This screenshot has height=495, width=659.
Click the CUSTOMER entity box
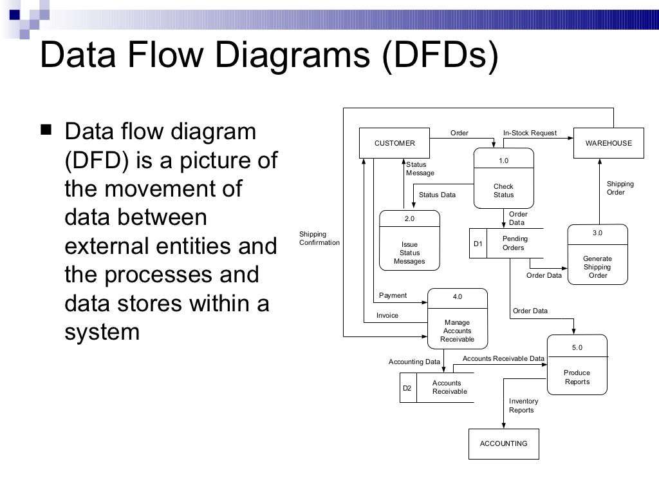click(394, 143)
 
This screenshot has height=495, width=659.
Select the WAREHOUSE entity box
click(608, 143)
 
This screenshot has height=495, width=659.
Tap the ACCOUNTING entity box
click(503, 443)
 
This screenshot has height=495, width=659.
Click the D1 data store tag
click(478, 244)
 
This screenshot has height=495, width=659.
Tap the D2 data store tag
click(407, 388)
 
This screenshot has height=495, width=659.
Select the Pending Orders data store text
click(514, 243)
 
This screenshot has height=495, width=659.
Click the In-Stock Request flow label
click(530, 133)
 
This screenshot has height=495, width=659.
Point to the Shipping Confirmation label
click(319, 238)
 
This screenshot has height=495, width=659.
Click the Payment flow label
click(393, 296)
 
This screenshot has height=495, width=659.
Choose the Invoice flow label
click(387, 315)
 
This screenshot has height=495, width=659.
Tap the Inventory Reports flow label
click(523, 405)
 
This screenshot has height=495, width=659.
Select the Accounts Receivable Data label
click(503, 358)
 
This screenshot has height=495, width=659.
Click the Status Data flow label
click(437, 195)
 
